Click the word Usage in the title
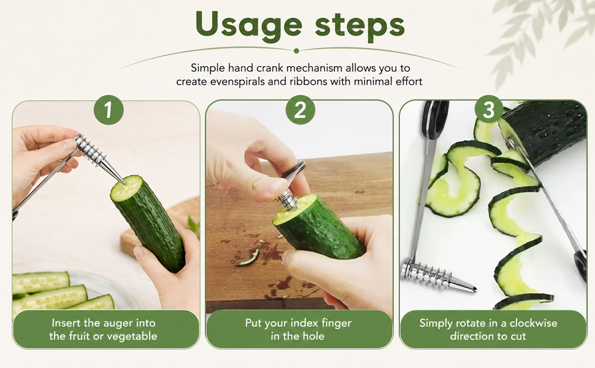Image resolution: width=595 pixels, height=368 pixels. tap(249, 25)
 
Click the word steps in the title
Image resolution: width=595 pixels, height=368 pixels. tap(359, 25)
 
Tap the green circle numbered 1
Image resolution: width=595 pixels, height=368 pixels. tap(109, 110)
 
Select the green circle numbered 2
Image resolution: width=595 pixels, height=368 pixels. tap(300, 110)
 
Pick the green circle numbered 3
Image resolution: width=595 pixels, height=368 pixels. tap(489, 110)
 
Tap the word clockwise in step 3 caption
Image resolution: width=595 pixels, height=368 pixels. tap(533, 323)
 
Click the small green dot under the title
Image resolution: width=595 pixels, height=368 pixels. tap(296, 51)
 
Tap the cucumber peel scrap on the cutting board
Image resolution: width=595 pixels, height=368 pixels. tap(248, 258)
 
